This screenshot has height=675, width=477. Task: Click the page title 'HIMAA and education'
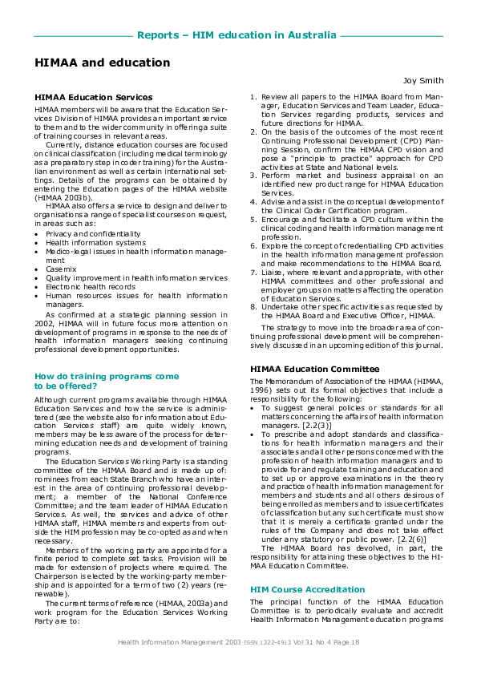[x=102, y=63]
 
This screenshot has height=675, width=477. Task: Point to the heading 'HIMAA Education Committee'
[x=314, y=369]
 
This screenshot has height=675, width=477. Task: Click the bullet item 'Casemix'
[x=62, y=269]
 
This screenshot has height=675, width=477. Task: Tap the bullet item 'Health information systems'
[x=90, y=242]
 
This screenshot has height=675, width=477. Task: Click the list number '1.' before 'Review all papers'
[x=253, y=98]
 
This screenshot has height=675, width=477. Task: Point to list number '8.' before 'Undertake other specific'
[x=253, y=306]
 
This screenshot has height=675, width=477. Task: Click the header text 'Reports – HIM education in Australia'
[x=236, y=35]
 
